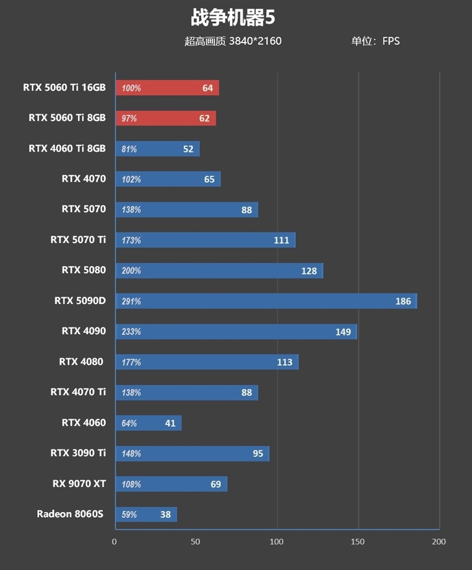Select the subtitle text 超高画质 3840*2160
tap(233, 41)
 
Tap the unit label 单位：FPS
tap(375, 41)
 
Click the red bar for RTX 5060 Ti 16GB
tap(167, 88)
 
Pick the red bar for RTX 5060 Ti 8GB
tap(165, 119)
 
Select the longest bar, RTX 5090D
tap(265, 301)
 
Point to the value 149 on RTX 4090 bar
tap(343, 332)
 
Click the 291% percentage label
tap(131, 302)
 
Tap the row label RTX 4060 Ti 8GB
tap(67, 149)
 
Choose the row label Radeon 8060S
tap(70, 514)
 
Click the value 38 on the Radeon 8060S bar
tap(165, 515)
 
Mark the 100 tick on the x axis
tap(277, 542)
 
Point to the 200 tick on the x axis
tap(438, 542)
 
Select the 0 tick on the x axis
tap(114, 542)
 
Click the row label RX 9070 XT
tap(79, 484)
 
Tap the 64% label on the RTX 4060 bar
tap(129, 424)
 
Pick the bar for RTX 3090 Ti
tap(192, 454)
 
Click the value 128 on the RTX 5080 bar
tap(309, 271)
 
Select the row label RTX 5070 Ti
tap(78, 240)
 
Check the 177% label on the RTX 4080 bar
tap(131, 362)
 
